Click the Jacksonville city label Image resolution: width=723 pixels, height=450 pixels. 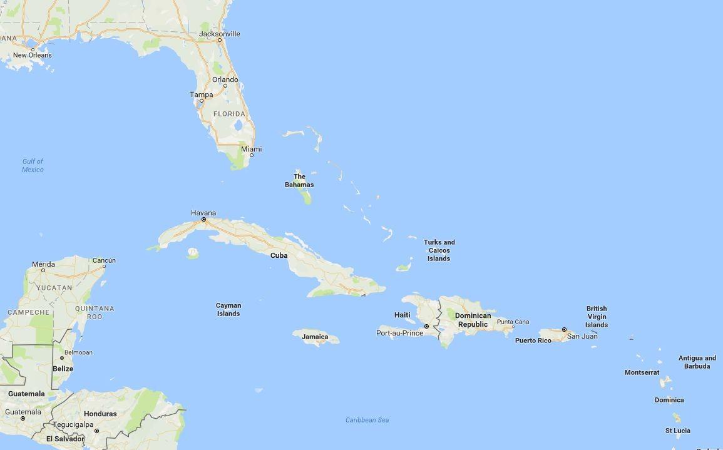pyautogui.click(x=219, y=34)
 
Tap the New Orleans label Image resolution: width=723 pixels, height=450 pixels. pyautogui.click(x=33, y=55)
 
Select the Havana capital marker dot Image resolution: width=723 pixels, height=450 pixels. pyautogui.click(x=203, y=220)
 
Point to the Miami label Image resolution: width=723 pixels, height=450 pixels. pyautogui.click(x=251, y=149)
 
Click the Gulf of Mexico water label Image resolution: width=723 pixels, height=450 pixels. pyautogui.click(x=33, y=165)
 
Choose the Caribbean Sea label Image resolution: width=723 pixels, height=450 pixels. pyautogui.click(x=367, y=420)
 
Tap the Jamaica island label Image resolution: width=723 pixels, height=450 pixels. pyautogui.click(x=315, y=337)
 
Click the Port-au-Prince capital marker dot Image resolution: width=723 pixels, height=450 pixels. pyautogui.click(x=427, y=327)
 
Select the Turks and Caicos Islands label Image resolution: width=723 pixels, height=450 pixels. pyautogui.click(x=439, y=250)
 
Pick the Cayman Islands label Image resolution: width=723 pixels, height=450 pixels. pyautogui.click(x=228, y=309)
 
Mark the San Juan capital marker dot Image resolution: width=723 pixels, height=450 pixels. pyautogui.click(x=564, y=329)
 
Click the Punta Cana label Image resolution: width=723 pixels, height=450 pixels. pyautogui.click(x=513, y=322)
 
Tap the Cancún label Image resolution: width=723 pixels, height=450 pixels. pyautogui.click(x=104, y=260)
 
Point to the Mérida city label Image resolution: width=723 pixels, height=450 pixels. pyautogui.click(x=43, y=264)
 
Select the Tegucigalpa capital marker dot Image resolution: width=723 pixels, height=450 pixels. pyautogui.click(x=97, y=431)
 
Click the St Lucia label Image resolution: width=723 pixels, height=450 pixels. pyautogui.click(x=678, y=431)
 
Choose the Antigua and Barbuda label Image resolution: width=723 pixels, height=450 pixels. pyautogui.click(x=697, y=362)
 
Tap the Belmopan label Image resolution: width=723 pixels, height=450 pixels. pyautogui.click(x=78, y=352)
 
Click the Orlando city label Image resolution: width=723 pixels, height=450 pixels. pyautogui.click(x=225, y=79)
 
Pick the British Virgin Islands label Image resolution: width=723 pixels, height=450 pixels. pyautogui.click(x=597, y=317)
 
